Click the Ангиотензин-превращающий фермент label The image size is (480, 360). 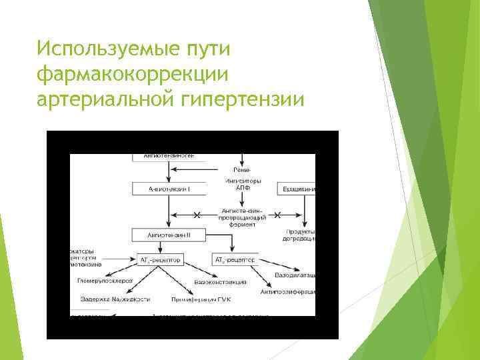click(243, 216)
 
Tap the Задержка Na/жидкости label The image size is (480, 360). click(115, 299)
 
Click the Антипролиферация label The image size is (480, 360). click(287, 291)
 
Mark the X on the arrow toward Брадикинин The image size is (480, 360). click(277, 215)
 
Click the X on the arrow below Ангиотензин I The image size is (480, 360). click(197, 215)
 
